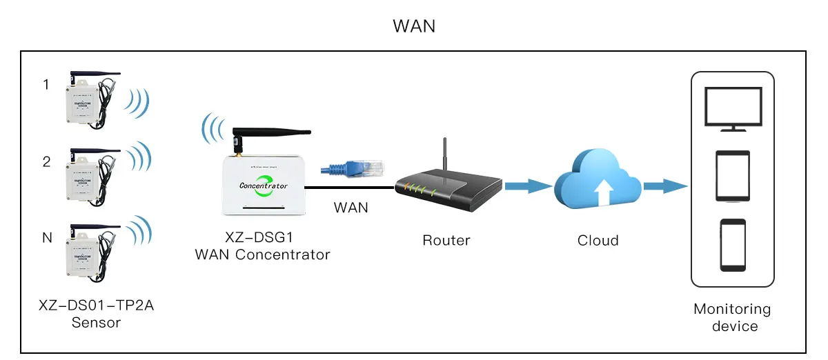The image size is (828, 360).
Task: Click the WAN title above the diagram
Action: click(414, 27)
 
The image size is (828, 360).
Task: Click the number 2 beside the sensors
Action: click(46, 162)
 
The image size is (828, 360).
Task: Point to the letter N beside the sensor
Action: click(47, 238)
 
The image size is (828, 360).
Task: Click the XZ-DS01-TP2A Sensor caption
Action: click(96, 313)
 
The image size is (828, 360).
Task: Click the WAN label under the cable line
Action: click(351, 207)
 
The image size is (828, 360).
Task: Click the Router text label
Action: click(446, 241)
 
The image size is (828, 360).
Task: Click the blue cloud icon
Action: click(598, 181)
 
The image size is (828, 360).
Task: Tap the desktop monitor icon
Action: click(732, 109)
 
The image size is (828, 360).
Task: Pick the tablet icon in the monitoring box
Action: click(733, 176)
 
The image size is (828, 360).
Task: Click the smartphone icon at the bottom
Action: click(733, 245)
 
